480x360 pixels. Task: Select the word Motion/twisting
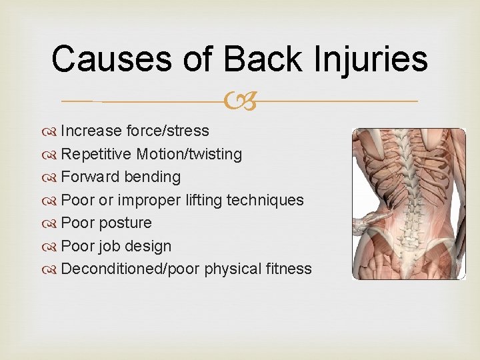189,155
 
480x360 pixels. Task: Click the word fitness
289,269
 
